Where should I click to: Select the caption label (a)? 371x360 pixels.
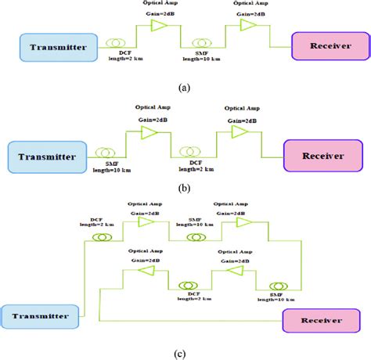coord(185,88)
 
